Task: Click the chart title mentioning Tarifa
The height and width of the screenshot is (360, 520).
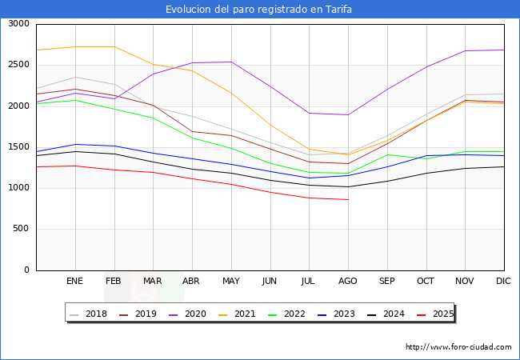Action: click(x=259, y=10)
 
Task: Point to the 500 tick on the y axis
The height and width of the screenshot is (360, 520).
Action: click(x=22, y=229)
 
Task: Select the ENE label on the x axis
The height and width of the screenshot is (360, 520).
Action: click(x=74, y=281)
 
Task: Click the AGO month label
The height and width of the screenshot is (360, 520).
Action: click(x=348, y=281)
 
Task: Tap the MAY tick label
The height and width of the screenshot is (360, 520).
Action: click(x=230, y=281)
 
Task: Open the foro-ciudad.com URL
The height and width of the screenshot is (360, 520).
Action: click(x=458, y=347)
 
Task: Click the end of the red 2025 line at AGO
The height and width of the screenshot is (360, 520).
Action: click(x=348, y=199)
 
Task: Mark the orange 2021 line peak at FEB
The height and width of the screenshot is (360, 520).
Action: click(x=114, y=46)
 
